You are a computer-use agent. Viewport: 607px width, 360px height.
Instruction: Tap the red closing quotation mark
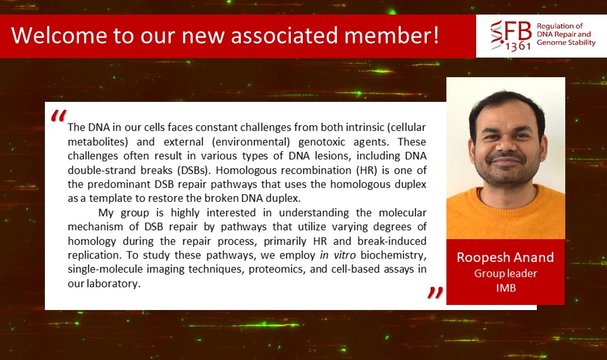click(x=434, y=292)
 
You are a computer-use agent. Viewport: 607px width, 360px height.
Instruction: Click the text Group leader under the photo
click(x=505, y=273)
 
